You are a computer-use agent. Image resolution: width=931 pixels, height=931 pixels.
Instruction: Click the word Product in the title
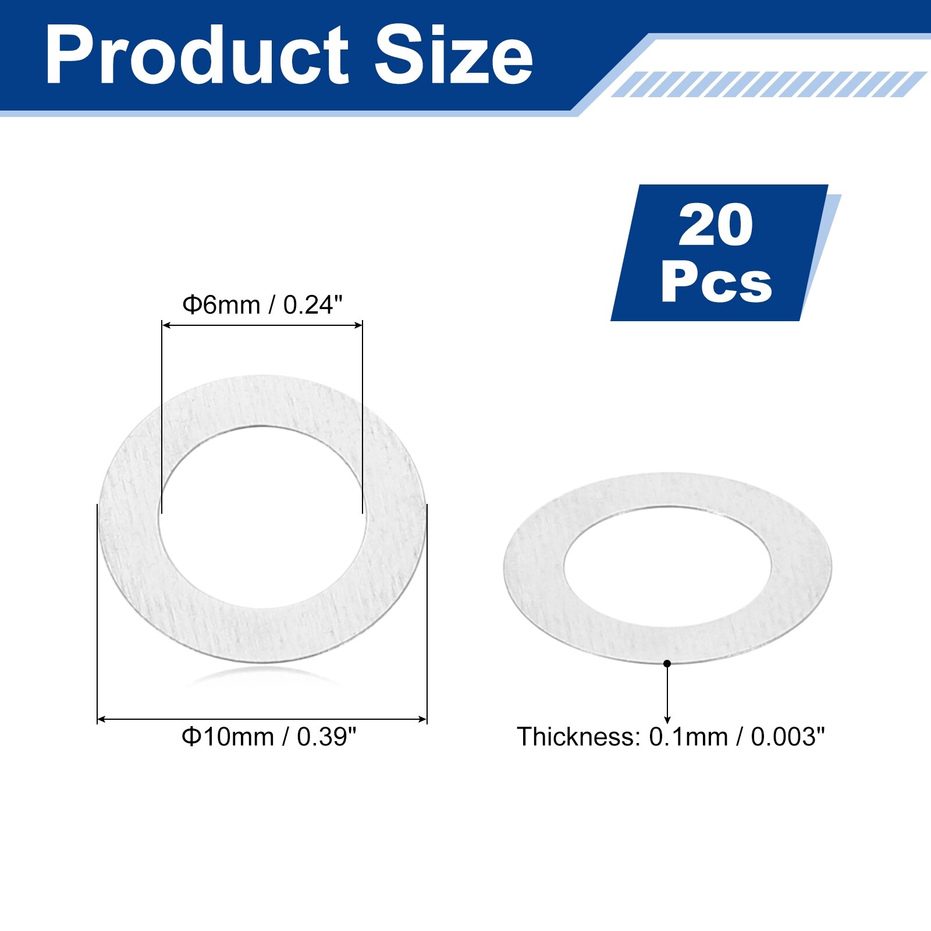pyautogui.click(x=197, y=56)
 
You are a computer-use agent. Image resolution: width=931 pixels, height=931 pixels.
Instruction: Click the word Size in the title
pyautogui.click(x=453, y=56)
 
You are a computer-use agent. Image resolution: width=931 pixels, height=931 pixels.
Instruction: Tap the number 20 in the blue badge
pyautogui.click(x=716, y=225)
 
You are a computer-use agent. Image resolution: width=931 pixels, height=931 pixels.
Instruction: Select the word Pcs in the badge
pyautogui.click(x=716, y=282)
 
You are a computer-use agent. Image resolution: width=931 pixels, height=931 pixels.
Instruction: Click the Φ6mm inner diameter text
pyautogui.click(x=221, y=305)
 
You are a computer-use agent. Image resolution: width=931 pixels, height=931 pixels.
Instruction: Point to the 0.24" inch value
pyautogui.click(x=313, y=304)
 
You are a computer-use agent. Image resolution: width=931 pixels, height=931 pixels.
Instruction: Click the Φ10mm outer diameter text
pyautogui.click(x=228, y=737)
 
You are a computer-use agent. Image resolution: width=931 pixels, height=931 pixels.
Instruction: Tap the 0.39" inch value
pyautogui.click(x=326, y=737)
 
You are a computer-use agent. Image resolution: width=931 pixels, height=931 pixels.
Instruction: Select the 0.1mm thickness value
pyautogui.click(x=688, y=737)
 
